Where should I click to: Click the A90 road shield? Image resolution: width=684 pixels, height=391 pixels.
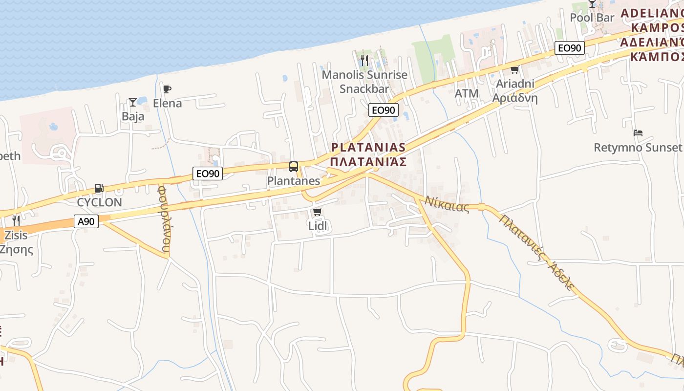pos(86,221)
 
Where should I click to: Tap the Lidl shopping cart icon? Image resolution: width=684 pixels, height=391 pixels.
pos(317,212)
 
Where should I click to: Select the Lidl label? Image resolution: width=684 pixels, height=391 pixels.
pos(317,225)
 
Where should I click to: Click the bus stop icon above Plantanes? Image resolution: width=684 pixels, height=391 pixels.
pos(293,167)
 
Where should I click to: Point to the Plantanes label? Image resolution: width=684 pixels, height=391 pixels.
pos(293,181)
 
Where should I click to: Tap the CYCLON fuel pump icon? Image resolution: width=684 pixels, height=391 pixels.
pos(99,188)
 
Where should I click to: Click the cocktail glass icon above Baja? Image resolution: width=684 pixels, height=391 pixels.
pos(132,102)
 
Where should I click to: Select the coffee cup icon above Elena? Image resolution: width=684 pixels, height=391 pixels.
pos(167,89)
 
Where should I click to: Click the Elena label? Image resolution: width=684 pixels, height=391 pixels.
pos(167,103)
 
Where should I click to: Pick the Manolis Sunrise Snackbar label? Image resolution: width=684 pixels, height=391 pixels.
pos(364,82)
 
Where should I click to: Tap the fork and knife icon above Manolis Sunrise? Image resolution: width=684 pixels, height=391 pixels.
pos(364,61)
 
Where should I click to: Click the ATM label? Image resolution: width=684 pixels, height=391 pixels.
pos(467,93)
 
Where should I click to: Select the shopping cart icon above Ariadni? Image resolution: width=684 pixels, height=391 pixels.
pos(514,70)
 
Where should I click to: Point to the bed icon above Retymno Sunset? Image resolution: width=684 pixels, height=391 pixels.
pos(638,133)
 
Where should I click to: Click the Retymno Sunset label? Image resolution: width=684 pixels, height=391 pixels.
pos(638,147)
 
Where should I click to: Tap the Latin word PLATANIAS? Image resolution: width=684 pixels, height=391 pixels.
pos(368,147)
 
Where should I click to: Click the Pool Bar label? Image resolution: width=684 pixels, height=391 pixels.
pos(592,18)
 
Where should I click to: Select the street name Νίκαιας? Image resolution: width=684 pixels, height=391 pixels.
pos(447,204)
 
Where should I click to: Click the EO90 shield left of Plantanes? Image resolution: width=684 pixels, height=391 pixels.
pos(208,173)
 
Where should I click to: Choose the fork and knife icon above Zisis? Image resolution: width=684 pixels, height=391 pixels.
pos(16,221)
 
